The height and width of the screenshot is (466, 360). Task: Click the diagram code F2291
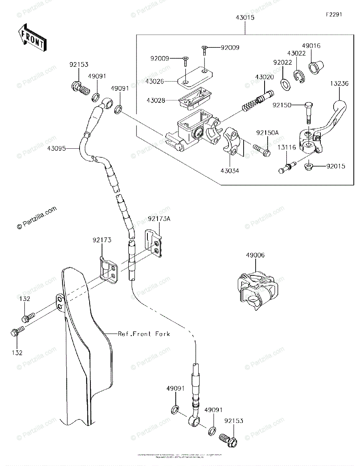(334, 14)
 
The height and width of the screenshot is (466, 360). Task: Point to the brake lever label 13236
(339, 83)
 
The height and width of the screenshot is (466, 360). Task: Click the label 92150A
(267, 133)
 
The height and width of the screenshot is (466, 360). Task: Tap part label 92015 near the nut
(336, 167)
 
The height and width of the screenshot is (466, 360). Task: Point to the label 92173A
(159, 219)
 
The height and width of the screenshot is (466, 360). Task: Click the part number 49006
(255, 255)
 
